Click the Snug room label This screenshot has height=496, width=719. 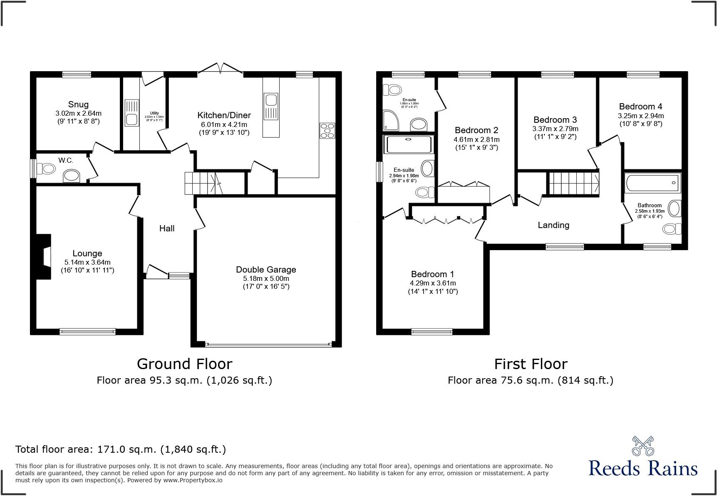[78, 104]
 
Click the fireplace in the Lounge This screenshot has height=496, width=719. [43, 257]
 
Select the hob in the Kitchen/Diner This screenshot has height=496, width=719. [327, 131]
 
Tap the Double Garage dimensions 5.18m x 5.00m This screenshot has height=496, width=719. [266, 278]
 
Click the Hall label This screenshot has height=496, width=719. [167, 228]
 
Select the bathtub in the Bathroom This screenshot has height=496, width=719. [652, 183]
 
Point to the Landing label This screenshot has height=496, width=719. [553, 225]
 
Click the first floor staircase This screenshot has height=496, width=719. [574, 184]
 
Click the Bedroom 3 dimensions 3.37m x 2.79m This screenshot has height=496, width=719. [555, 129]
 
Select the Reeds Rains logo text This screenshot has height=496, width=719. [643, 468]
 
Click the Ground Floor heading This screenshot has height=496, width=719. [184, 364]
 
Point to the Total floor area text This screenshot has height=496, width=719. [121, 449]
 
